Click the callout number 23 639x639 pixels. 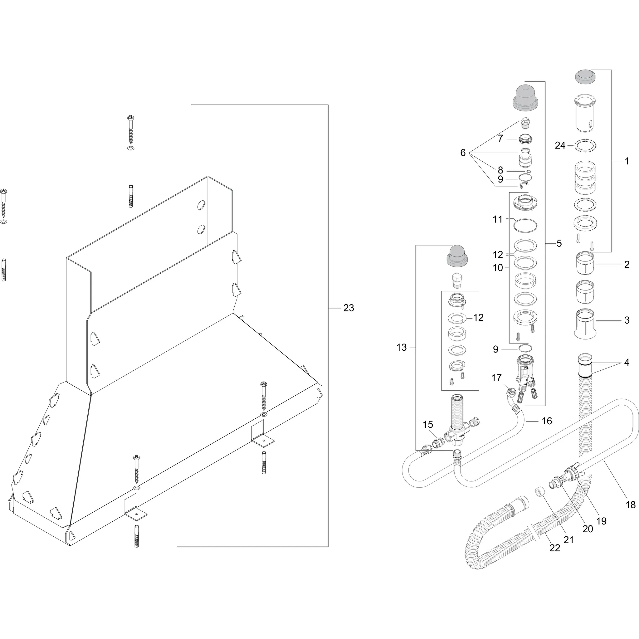pyautogui.click(x=349, y=308)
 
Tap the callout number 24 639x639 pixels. pyautogui.click(x=560, y=145)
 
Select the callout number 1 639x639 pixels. pyautogui.click(x=627, y=161)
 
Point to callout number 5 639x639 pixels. pyautogui.click(x=559, y=243)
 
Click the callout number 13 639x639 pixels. pyautogui.click(x=402, y=348)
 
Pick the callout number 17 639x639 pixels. pyautogui.click(x=496, y=378)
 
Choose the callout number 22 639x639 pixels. pyautogui.click(x=555, y=548)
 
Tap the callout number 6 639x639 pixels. pyautogui.click(x=463, y=153)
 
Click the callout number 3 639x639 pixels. pyautogui.click(x=627, y=320)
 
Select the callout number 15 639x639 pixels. pyautogui.click(x=428, y=424)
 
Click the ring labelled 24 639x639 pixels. pyautogui.click(x=585, y=145)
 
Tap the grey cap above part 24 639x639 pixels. pyautogui.click(x=585, y=77)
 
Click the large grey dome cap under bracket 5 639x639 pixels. pyautogui.click(x=525, y=98)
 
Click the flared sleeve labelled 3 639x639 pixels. pyautogui.click(x=585, y=324)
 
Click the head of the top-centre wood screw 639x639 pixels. pyautogui.click(x=131, y=118)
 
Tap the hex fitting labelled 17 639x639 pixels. pyautogui.click(x=511, y=393)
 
